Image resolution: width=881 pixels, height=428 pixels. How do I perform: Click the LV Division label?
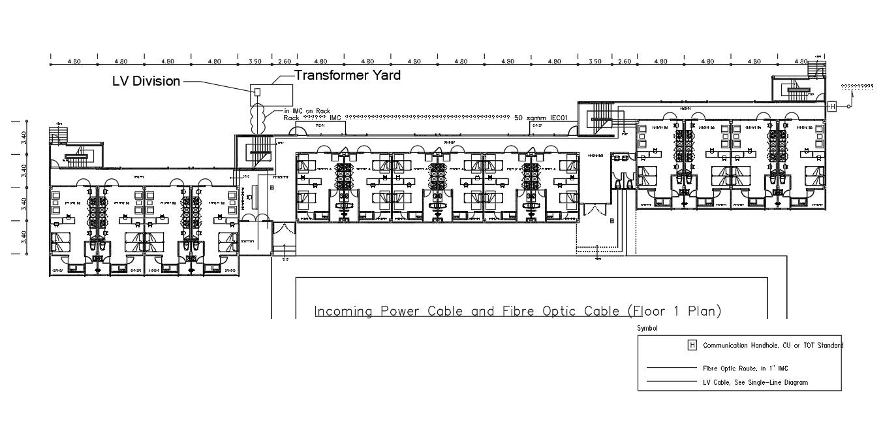146,81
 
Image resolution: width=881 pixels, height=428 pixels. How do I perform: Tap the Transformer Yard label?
347,75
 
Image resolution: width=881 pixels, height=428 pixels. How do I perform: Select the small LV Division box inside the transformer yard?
257,91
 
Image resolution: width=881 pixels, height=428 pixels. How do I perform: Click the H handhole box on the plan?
832,107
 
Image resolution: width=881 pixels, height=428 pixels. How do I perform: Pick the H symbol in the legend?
692,345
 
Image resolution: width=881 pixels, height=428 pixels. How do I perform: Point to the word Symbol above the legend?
647,328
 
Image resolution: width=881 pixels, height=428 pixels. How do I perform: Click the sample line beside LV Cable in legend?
671,382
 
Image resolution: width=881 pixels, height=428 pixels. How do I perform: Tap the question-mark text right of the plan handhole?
857,86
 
